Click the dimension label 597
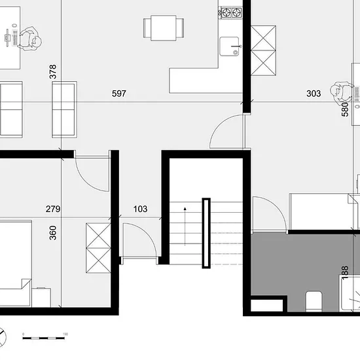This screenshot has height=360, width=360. coord(119,94)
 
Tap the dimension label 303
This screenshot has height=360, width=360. coord(314,94)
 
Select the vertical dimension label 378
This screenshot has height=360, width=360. coord(53,71)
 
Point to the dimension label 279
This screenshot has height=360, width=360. coord(53,209)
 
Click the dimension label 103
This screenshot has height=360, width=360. coord(140,209)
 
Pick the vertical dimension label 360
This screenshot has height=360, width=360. coord(53,233)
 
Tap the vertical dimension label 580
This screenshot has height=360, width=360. coord(345,109)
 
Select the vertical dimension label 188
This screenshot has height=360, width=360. coord(345,272)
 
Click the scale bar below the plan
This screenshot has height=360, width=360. coord(44,338)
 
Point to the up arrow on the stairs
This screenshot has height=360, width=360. coord(185,226)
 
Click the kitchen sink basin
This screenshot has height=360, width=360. coord(229,46)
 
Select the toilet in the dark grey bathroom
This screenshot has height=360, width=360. coord(314,301)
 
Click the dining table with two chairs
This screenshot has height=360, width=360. coord(164,28)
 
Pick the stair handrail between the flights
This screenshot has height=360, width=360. coord(206,233)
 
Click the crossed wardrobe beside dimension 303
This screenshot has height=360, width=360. coord(263,50)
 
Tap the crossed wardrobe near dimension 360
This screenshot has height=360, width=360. coord(98,248)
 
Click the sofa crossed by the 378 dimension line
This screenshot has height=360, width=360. coord(64,109)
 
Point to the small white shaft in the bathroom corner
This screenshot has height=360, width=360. coord(266,306)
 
